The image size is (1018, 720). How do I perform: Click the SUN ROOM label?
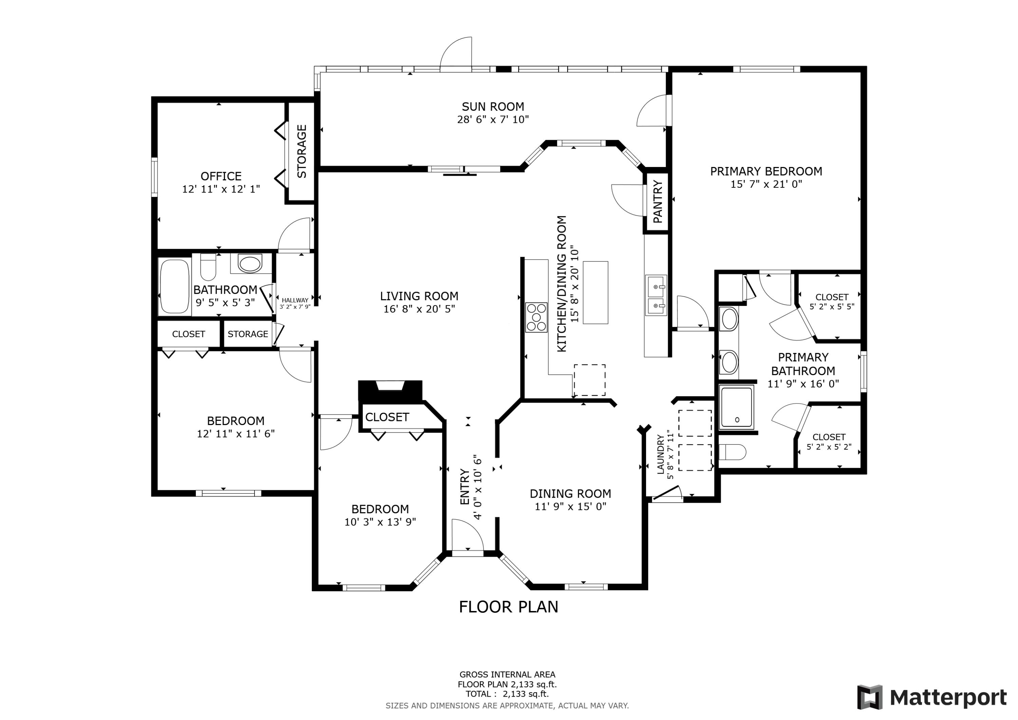pos(493,107)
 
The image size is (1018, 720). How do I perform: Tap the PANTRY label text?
pos(658,201)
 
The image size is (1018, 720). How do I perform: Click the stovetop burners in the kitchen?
pos(536,317)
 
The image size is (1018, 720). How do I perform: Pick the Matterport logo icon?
pos(870,697)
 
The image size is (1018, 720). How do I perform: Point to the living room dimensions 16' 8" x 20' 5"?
pos(419,309)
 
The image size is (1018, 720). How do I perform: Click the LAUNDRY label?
pos(661,454)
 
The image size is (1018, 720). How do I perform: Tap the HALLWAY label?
pos(295,300)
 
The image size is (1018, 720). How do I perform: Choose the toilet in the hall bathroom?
pos(208,267)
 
